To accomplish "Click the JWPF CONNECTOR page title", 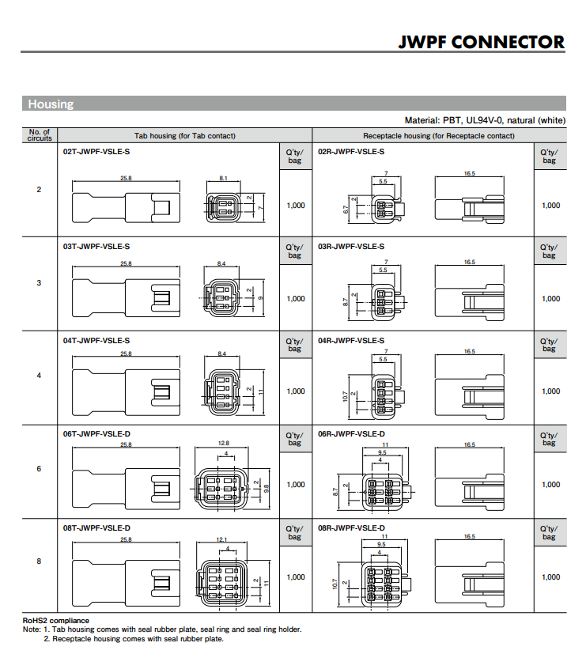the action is tap(482, 42).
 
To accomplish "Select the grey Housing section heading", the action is tap(51, 104).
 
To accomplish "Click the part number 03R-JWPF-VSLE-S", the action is tap(351, 247).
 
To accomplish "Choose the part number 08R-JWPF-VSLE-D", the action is tap(352, 528).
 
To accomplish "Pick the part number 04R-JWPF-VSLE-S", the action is tap(351, 340).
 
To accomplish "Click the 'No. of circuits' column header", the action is tap(40, 135).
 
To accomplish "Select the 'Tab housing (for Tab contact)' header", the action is tap(185, 136).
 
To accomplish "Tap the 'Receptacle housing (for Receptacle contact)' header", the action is tap(439, 136).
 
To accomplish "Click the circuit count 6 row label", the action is tap(39, 469).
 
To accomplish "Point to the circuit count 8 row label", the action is tap(39, 561).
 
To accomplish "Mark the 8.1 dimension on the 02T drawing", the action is tap(224, 178).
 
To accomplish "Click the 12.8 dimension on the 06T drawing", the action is tap(224, 443).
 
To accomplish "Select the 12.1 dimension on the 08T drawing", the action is tap(222, 539).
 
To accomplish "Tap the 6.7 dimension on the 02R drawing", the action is tap(346, 210).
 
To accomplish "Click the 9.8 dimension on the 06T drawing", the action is tap(267, 489).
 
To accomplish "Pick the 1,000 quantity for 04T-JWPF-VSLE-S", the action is tap(296, 391).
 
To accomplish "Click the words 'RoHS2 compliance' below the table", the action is tap(56, 621).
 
